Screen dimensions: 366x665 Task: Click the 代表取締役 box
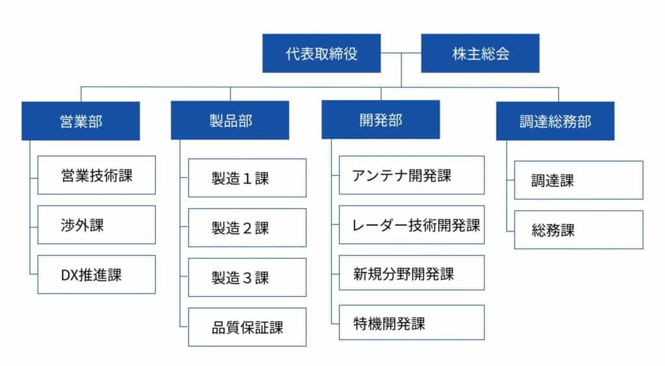[321, 53]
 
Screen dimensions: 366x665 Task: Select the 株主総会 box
[480, 53]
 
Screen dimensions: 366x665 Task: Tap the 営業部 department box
[81, 121]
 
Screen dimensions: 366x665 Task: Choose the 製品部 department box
[230, 120]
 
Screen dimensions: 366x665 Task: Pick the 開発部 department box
[380, 120]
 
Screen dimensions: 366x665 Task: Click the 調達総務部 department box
[555, 121]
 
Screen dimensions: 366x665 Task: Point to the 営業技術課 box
[96, 175]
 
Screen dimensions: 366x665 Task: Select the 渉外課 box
[96, 225]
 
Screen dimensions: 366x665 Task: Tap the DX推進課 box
[96, 274]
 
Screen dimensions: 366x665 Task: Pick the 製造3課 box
[247, 278]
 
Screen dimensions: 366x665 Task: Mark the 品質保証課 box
[247, 327]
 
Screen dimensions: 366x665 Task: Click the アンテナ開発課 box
[411, 175]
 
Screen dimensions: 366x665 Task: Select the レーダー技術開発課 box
[411, 225]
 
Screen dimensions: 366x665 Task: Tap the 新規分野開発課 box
[411, 273]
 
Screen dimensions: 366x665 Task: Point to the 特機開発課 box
[411, 323]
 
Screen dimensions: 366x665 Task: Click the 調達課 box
[579, 180]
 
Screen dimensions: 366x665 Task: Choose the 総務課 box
[579, 230]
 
